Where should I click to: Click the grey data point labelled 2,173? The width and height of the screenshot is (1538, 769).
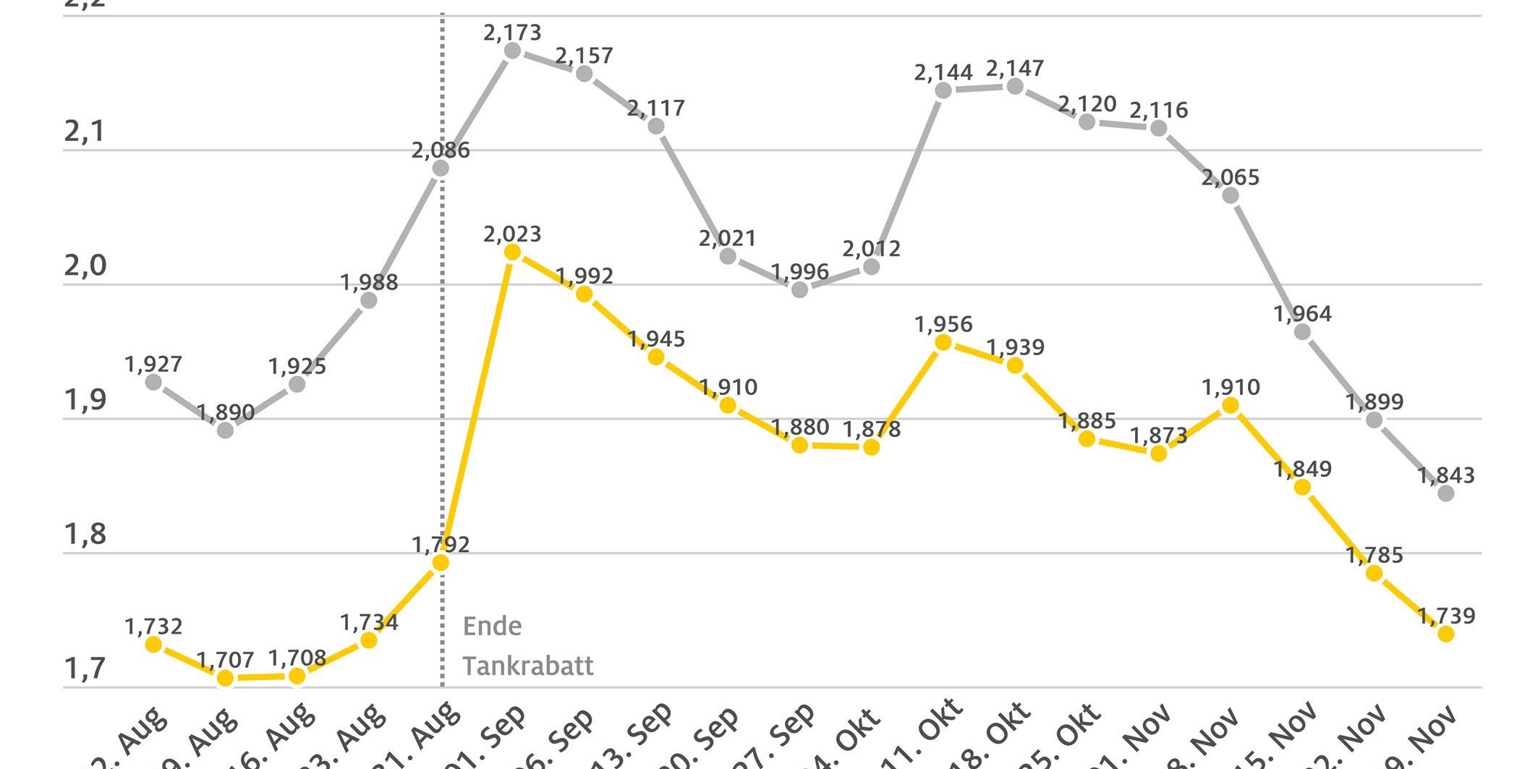[512, 51]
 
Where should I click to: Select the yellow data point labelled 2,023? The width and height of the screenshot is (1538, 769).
[512, 252]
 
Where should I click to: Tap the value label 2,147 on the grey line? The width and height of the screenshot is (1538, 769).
[1015, 68]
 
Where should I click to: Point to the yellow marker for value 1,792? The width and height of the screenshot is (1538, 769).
[441, 562]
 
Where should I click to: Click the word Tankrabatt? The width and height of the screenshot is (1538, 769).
[528, 666]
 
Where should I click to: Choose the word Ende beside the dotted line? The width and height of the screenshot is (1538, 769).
[492, 626]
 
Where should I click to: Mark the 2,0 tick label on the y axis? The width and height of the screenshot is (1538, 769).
[85, 266]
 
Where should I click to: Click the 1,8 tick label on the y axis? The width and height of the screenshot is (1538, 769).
[85, 535]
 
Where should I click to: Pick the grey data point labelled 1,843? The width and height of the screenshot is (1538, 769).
[1446, 493]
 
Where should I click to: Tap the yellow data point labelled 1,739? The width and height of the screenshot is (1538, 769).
[1446, 634]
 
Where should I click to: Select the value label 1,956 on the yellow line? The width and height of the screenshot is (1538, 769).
[943, 324]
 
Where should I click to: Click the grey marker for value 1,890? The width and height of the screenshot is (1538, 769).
[226, 430]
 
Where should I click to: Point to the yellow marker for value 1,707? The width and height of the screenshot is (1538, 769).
[226, 678]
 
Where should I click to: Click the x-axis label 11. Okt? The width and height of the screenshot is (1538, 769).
[933, 731]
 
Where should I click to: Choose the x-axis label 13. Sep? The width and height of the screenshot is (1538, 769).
[644, 734]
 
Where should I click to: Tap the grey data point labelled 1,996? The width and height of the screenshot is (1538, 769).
[799, 289]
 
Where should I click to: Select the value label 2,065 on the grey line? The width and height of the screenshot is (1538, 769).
[1231, 177]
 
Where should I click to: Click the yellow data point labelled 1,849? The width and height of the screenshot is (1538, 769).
[1302, 487]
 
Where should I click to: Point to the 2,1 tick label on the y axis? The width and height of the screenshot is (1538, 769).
[85, 132]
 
